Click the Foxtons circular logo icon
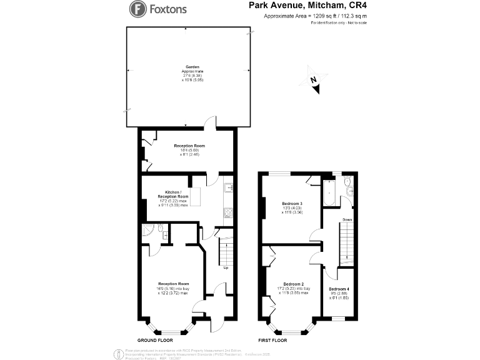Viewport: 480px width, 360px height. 137,9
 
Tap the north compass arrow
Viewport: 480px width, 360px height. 316,84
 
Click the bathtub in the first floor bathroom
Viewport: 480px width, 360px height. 329,192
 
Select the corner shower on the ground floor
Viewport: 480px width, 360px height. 147,232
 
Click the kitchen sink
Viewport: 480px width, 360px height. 228,186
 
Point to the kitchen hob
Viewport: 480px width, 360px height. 228,211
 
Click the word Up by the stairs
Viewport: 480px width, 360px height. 225,268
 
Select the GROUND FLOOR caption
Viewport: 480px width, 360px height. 156,341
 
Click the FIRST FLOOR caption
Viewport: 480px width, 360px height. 272,341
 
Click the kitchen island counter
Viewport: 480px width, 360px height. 195,197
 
